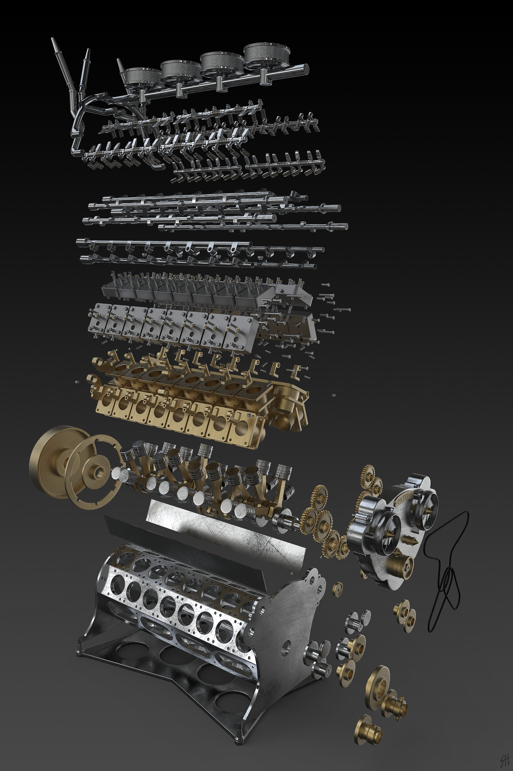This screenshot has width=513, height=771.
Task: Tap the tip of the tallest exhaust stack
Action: [x=52, y=39]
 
